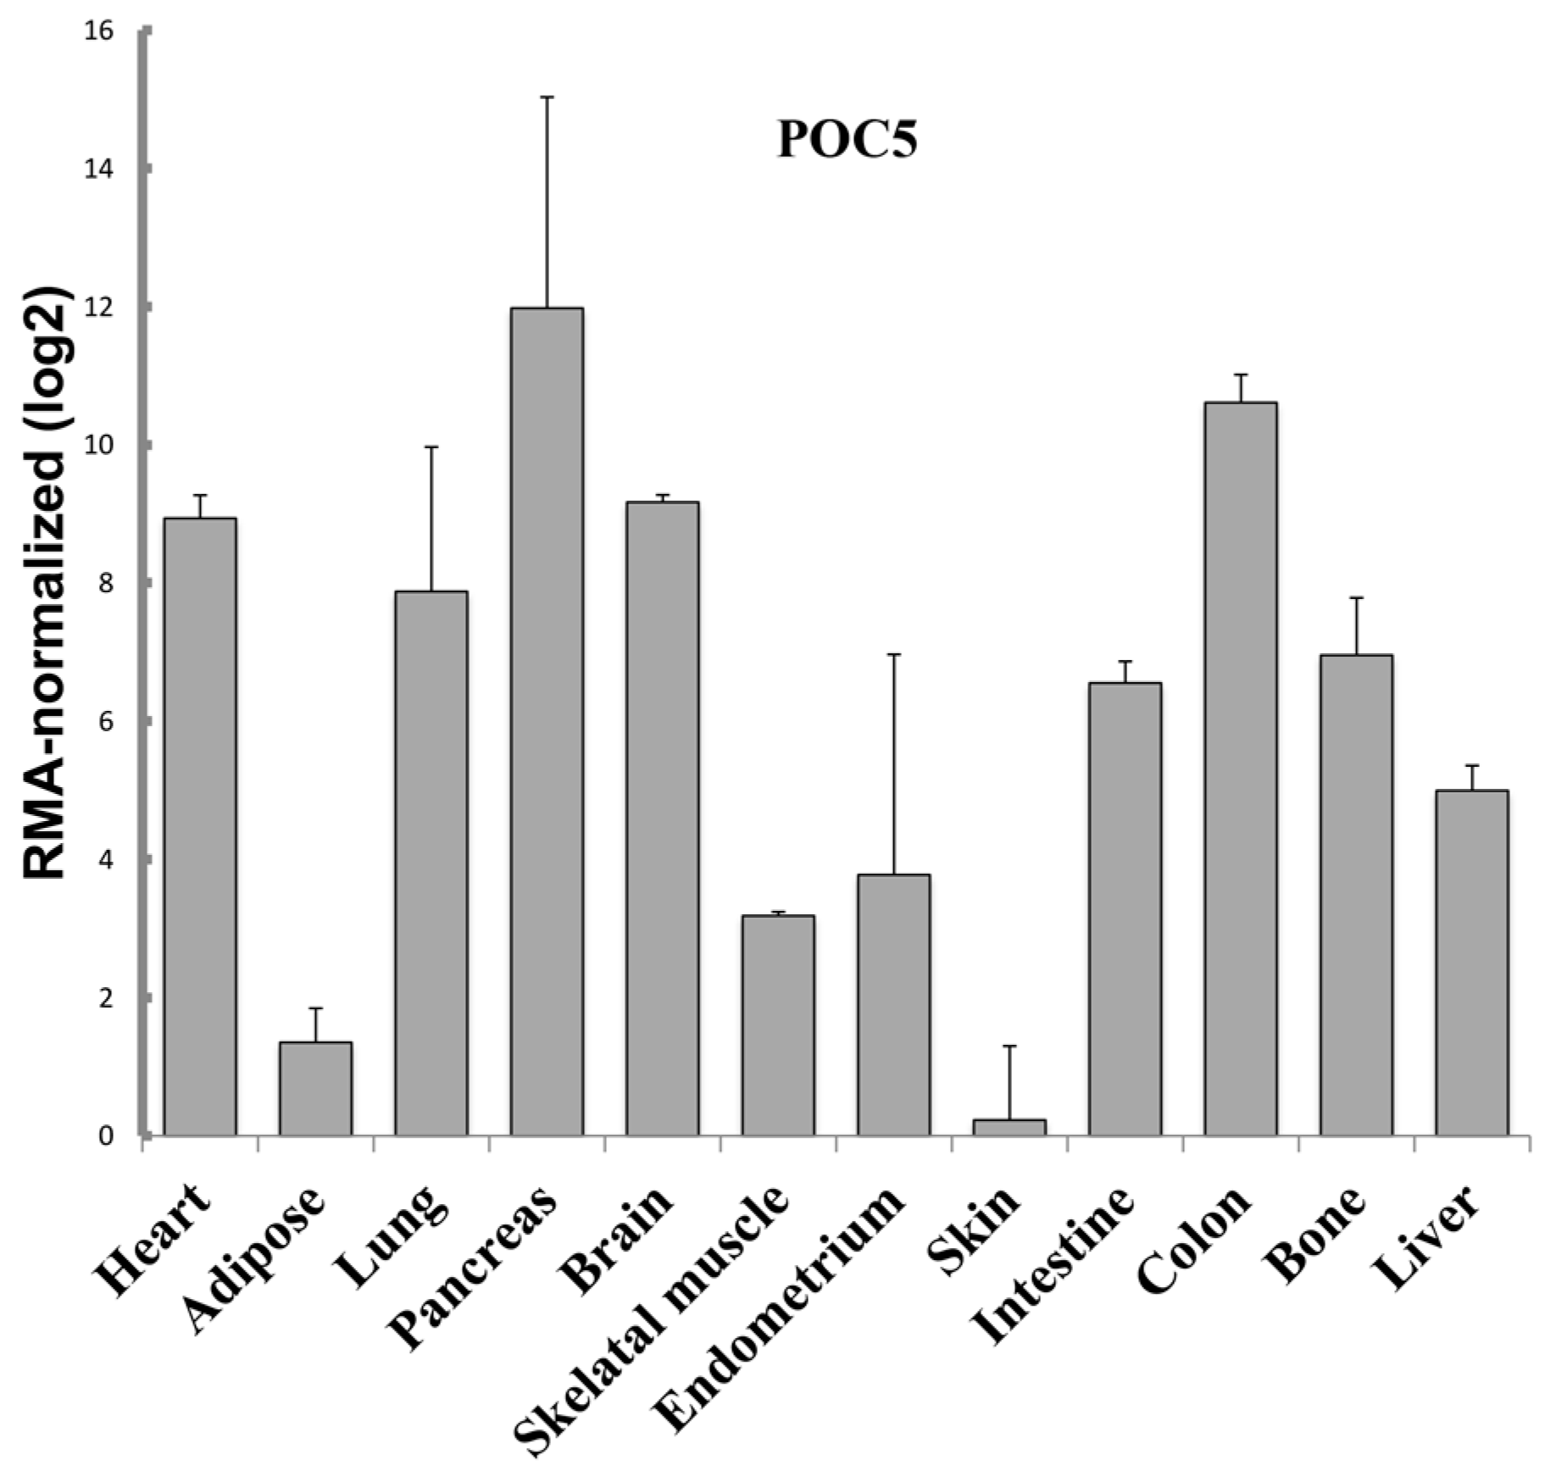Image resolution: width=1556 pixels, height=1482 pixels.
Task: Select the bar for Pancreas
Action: pyautogui.click(x=547, y=720)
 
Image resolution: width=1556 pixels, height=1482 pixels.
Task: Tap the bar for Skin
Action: pyautogui.click(x=1009, y=1127)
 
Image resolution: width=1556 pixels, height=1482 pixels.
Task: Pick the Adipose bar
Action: pyautogui.click(x=316, y=1088)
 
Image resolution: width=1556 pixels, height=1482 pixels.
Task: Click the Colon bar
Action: pyautogui.click(x=1241, y=768)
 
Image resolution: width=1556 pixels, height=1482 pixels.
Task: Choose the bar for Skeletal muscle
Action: pyautogui.click(x=778, y=1025)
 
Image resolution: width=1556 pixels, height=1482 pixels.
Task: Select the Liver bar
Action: pyautogui.click(x=1472, y=963)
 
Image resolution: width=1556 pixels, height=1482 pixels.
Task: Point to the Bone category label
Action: pyautogui.click(x=1314, y=1233)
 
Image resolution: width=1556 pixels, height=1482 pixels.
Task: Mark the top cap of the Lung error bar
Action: pyautogui.click(x=431, y=447)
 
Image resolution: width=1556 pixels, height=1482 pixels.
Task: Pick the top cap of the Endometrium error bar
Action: pyautogui.click(x=894, y=654)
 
